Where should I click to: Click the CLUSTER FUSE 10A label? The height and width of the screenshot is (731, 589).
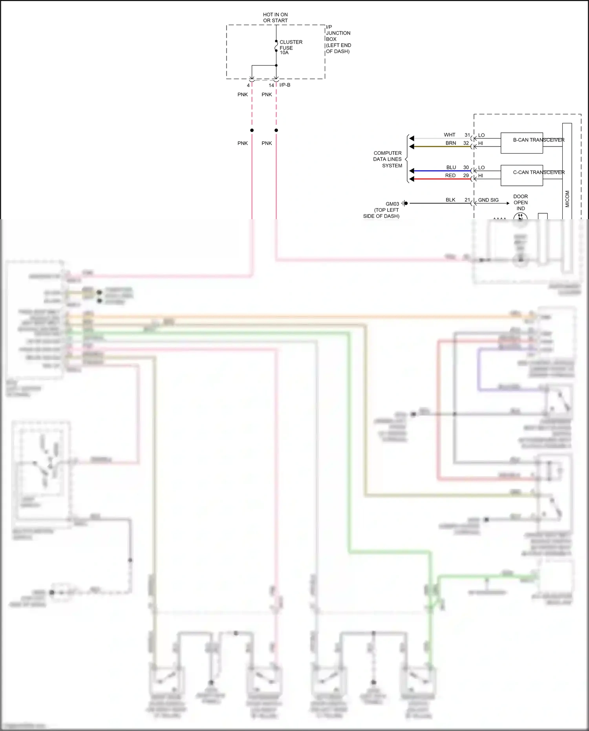[x=291, y=47]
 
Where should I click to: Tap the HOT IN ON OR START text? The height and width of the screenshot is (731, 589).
[x=275, y=17]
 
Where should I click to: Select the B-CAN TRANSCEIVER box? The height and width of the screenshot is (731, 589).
[x=521, y=143]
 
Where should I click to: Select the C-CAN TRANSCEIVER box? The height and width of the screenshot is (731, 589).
[x=521, y=176]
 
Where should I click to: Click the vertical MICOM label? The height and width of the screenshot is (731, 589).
[x=567, y=199]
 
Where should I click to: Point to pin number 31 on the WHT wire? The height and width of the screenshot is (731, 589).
[x=467, y=135]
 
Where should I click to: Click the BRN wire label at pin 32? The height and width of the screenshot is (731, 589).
[x=451, y=143]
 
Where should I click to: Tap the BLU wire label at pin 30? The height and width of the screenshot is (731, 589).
[x=451, y=167]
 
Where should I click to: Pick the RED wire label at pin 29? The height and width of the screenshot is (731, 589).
[x=450, y=176]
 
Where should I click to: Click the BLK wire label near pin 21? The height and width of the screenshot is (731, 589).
[x=450, y=200]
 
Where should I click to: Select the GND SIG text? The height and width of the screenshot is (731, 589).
[x=488, y=200]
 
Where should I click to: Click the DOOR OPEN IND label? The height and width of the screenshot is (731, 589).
[x=520, y=202]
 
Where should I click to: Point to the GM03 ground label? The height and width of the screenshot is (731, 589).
[x=392, y=204]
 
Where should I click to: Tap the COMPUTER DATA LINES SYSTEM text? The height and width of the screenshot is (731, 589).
[x=388, y=159]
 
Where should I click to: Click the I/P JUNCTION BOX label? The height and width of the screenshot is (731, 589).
[x=338, y=39]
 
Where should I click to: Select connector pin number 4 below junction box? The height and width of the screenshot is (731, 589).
[x=248, y=85]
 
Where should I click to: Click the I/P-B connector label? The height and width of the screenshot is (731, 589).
[x=285, y=85]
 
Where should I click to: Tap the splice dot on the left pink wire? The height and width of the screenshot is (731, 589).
[x=252, y=130]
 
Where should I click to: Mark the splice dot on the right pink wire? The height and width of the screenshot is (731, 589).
[x=276, y=130]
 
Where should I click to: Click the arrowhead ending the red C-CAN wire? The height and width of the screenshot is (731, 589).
[x=412, y=179]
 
